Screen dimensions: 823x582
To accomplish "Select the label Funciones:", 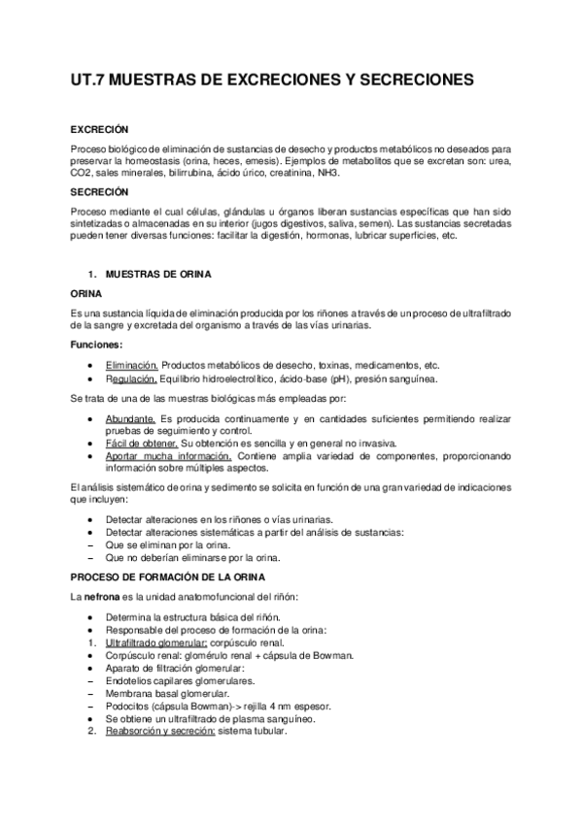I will tap(97, 345).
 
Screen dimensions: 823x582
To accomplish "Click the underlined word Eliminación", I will tap(131, 365).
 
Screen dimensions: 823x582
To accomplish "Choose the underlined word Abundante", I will tap(130, 416).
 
